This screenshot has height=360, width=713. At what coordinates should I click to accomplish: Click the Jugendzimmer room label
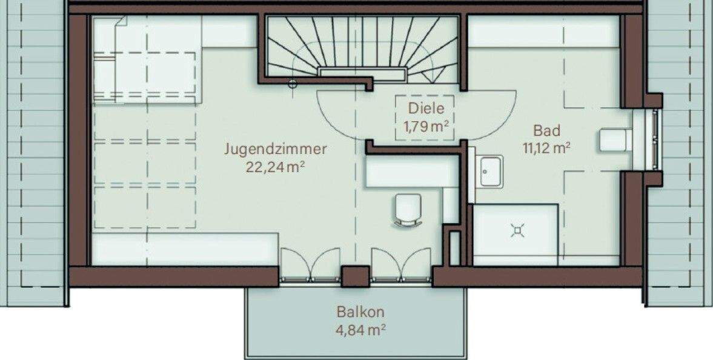[275, 149]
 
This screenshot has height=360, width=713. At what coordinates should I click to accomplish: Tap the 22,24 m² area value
[275, 167]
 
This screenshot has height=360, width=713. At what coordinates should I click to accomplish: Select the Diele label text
[426, 109]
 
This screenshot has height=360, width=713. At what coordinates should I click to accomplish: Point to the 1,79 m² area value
[426, 127]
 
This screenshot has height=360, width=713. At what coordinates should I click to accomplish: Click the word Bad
[546, 130]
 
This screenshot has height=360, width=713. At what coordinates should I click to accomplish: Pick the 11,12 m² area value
[546, 147]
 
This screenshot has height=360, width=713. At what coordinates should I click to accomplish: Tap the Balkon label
[360, 313]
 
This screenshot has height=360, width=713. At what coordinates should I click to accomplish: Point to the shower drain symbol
[517, 231]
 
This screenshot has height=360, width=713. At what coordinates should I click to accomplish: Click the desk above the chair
[412, 173]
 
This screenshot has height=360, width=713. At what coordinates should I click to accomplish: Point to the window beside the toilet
[655, 139]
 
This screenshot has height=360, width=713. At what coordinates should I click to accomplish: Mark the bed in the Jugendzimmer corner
[145, 76]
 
